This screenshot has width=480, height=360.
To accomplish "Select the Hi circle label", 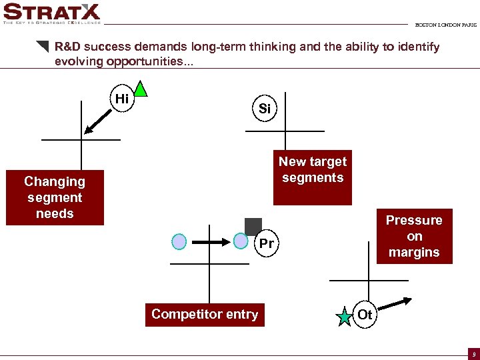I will (x=122, y=99).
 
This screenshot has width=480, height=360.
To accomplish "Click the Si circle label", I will (x=265, y=109).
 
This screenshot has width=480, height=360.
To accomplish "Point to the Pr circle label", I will (x=266, y=244).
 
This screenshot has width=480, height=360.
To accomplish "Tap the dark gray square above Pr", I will (x=253, y=227).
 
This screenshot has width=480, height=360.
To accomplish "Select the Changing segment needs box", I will (x=55, y=197).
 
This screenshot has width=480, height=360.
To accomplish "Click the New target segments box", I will (x=313, y=170).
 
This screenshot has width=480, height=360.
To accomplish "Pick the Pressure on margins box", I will (x=414, y=237).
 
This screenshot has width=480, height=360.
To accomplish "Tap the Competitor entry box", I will (x=205, y=315).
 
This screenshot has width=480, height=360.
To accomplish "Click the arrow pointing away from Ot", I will (x=395, y=305).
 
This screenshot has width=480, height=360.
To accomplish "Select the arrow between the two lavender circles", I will (x=210, y=241).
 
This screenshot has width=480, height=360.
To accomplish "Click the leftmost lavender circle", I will (x=179, y=241).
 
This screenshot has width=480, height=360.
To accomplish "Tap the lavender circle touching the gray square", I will (x=241, y=241).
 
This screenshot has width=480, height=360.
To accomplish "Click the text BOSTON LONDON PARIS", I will (x=445, y=25).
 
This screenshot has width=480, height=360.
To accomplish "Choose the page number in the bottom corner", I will (x=473, y=355).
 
